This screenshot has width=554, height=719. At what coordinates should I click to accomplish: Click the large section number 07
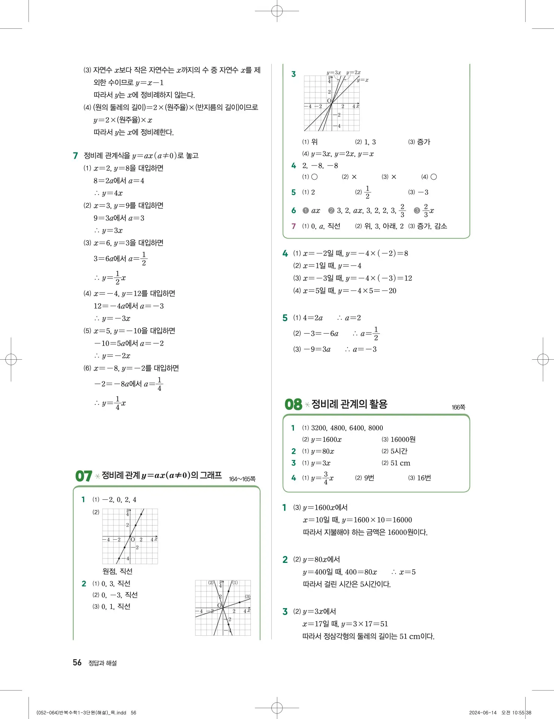click(x=83, y=476)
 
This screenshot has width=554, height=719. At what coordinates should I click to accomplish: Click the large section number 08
click(x=293, y=404)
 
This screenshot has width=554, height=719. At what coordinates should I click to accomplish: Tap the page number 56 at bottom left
click(x=77, y=663)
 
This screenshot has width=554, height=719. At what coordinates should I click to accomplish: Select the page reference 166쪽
click(x=458, y=407)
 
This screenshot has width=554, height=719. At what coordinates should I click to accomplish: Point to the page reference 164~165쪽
click(x=242, y=479)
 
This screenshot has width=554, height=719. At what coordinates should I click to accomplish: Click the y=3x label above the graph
click(x=333, y=72)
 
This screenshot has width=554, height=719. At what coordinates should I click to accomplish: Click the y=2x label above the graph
click(x=353, y=72)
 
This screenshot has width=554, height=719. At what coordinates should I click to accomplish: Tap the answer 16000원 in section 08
click(x=403, y=439)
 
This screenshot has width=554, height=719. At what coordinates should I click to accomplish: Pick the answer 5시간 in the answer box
click(x=398, y=451)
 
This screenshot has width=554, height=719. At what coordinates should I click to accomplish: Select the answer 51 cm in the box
click(x=400, y=463)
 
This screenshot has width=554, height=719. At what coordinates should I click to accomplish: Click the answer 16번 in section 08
click(x=424, y=478)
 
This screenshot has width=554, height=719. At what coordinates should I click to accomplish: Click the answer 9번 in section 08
click(x=369, y=478)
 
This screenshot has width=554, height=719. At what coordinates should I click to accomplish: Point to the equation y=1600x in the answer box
click(x=326, y=440)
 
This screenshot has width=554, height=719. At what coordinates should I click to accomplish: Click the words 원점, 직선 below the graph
click(x=117, y=571)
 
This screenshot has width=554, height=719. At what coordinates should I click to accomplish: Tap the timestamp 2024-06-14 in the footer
click(x=483, y=713)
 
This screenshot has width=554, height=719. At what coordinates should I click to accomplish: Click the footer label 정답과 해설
click(x=102, y=663)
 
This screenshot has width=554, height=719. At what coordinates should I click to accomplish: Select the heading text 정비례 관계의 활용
click(x=349, y=404)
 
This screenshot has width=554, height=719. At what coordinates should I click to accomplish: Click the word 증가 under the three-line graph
click(x=424, y=142)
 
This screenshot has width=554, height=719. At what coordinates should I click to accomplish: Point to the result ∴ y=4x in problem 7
click(x=108, y=193)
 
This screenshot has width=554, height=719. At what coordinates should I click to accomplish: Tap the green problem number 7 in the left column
click(x=76, y=155)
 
